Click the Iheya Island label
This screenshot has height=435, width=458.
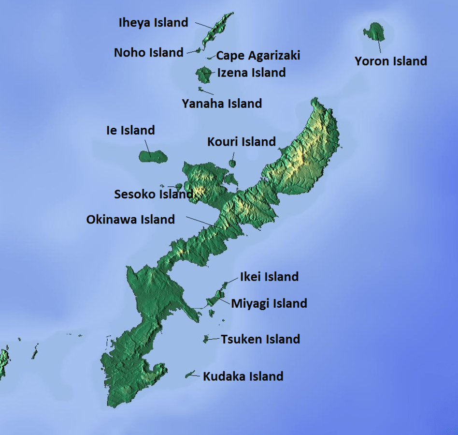[153, 22]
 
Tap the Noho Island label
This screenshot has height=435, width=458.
[148, 52]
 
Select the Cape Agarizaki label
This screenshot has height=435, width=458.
[258, 55]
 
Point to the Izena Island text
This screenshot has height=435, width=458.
[251, 73]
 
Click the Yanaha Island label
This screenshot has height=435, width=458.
[222, 103]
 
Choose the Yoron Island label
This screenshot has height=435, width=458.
[391, 61]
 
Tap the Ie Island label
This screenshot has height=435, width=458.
[130, 130]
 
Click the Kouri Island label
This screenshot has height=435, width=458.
[241, 142]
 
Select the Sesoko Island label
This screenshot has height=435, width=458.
[153, 194]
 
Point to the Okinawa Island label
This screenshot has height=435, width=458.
[130, 219]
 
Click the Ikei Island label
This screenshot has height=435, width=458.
[269, 277]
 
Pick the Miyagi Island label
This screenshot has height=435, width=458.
[269, 303]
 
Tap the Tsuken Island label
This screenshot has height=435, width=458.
[260, 339]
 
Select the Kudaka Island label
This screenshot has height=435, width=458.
[243, 376]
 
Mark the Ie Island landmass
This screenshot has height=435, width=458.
[153, 156]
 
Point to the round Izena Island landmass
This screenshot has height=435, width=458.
[202, 75]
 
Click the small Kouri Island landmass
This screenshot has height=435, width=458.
[232, 164]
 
